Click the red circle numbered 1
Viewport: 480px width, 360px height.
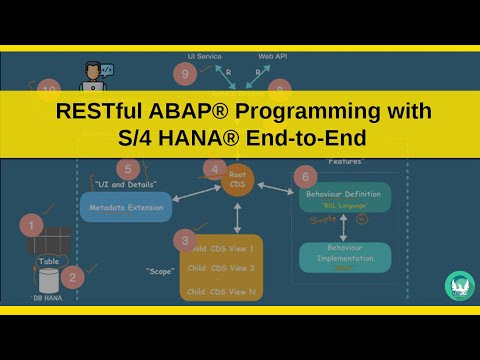coord(33,225)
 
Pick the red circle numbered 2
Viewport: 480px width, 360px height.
coord(72,277)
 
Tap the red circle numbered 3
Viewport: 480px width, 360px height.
coord(183,240)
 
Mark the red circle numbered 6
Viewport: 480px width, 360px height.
coord(305,177)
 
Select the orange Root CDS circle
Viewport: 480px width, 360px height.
coord(238,181)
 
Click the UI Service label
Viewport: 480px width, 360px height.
coord(204,57)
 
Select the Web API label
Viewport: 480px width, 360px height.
coord(274,57)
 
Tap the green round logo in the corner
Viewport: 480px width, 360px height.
coord(459,285)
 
